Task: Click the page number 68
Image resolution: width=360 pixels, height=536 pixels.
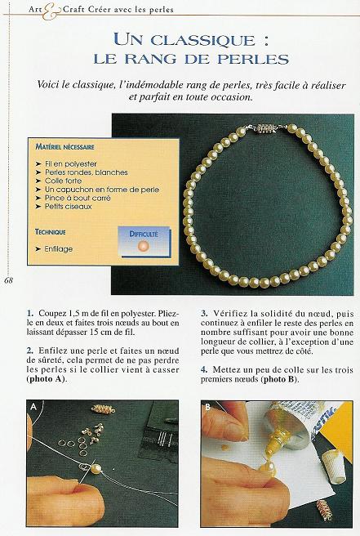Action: click(8, 281)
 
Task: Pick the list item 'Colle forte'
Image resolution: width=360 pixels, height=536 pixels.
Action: click(64, 181)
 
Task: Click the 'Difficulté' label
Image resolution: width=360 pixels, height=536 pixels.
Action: click(144, 234)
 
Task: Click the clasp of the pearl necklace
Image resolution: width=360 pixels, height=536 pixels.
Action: click(269, 129)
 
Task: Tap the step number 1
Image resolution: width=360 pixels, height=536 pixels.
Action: click(29, 313)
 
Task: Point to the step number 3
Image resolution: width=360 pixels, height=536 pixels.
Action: click(203, 313)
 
